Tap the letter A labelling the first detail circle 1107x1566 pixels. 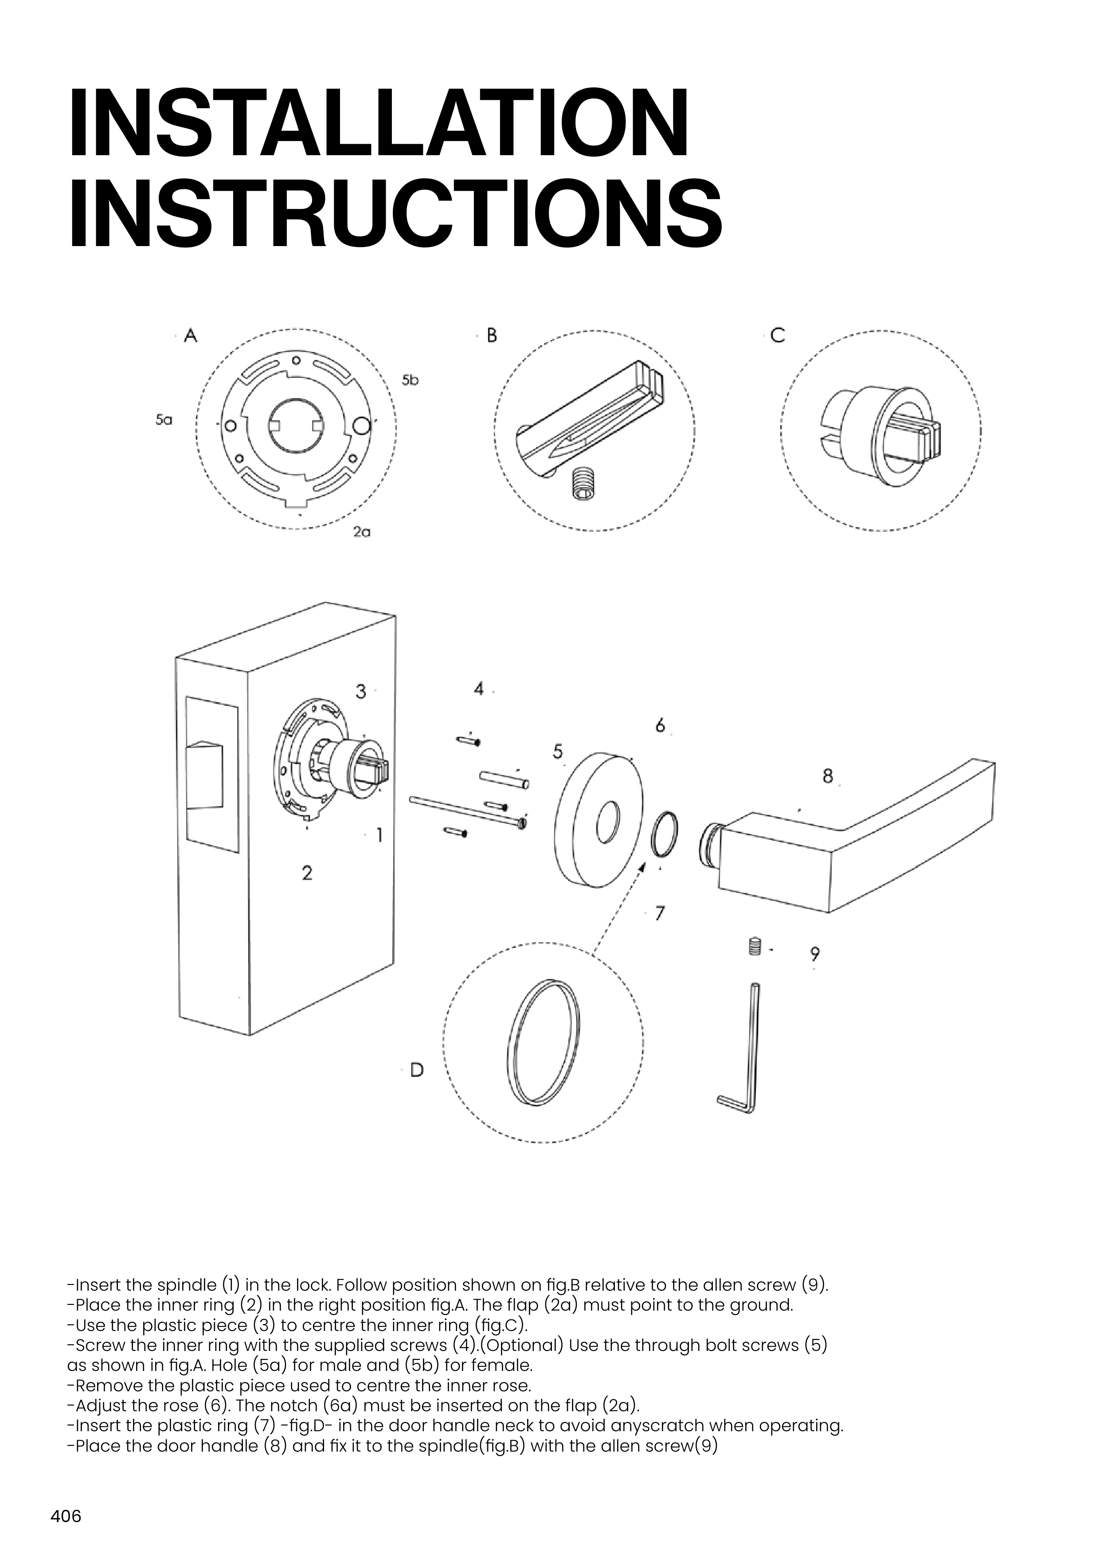191,336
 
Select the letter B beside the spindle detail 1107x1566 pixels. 491,336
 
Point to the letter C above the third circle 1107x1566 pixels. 777,336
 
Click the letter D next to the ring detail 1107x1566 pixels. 416,1069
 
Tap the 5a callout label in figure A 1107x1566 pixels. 164,420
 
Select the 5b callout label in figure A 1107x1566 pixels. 410,380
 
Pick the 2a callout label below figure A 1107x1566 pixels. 361,532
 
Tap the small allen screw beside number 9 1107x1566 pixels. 754,947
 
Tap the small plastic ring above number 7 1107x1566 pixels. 665,834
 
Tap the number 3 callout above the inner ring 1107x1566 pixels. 361,692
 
